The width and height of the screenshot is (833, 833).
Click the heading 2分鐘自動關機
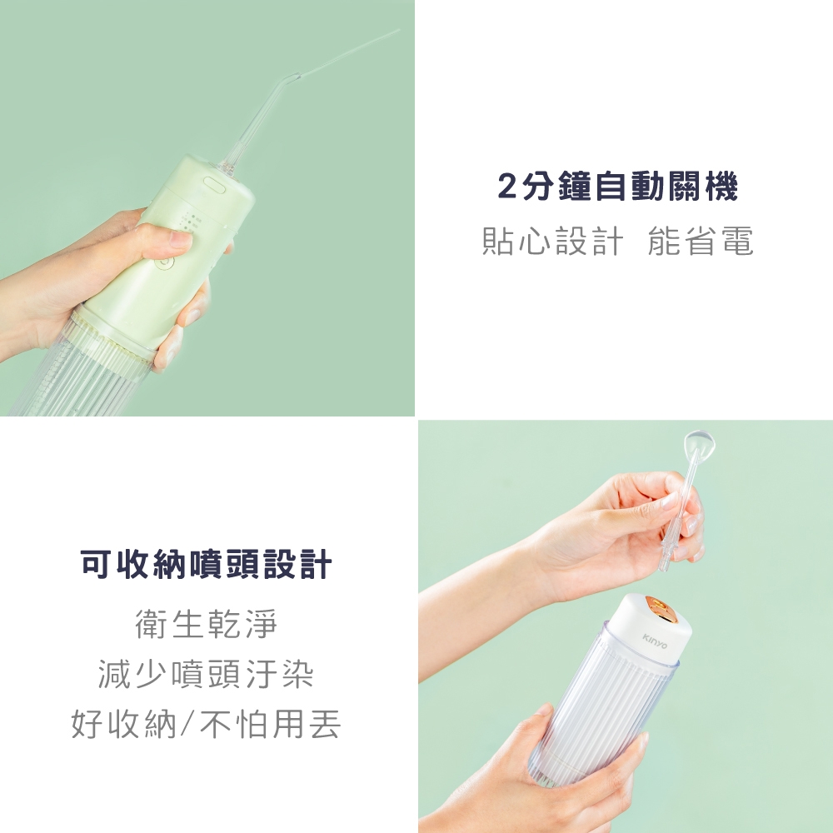click(x=617, y=188)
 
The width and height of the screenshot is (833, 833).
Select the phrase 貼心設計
click(x=552, y=242)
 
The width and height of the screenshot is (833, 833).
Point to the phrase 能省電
click(x=700, y=242)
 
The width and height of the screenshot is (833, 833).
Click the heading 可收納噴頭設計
click(x=207, y=565)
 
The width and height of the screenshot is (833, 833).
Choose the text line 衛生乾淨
click(x=206, y=624)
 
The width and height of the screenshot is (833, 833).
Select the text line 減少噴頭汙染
click(x=206, y=674)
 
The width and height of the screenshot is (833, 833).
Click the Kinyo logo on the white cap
click(x=655, y=639)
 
